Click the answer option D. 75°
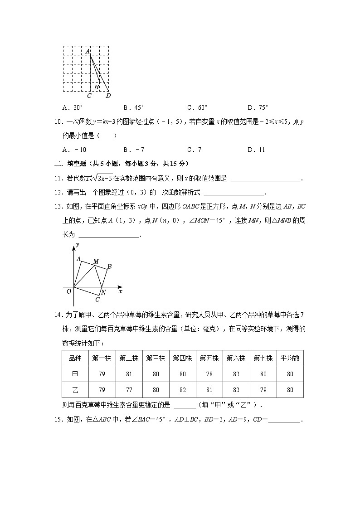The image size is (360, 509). (258, 108)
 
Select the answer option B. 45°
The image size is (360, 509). (133, 108)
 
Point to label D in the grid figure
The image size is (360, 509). (108, 96)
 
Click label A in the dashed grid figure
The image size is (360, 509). (87, 52)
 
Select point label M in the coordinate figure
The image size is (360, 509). (96, 262)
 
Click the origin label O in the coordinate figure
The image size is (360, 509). (69, 291)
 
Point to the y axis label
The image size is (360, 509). (78, 245)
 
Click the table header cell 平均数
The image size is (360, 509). (290, 358)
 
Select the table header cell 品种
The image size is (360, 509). (75, 358)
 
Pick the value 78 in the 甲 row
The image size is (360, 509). (209, 374)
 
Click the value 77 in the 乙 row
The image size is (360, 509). (129, 390)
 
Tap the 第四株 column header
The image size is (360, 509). (182, 358)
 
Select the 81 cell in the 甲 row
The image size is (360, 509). (129, 374)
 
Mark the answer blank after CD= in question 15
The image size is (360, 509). (284, 420)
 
